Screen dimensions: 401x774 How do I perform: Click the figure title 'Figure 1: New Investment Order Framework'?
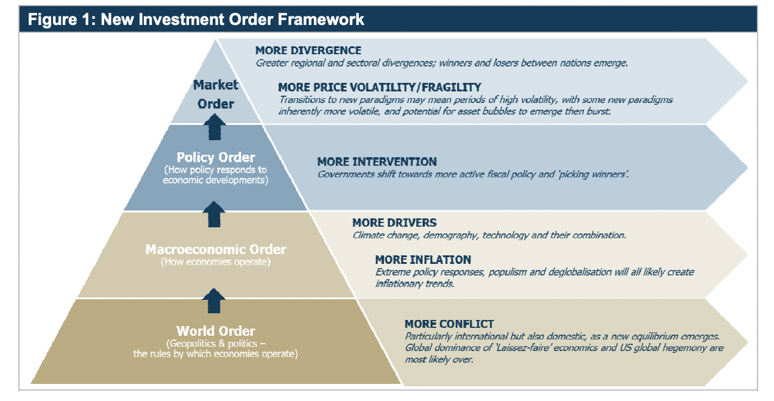click(x=196, y=20)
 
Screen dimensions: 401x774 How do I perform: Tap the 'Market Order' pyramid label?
click(x=215, y=94)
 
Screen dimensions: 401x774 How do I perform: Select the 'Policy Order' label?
click(x=216, y=158)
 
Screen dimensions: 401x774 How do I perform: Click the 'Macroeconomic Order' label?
click(x=216, y=249)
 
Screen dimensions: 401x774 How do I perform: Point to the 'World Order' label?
click(x=216, y=331)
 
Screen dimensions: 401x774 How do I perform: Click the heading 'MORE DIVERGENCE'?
click(x=308, y=51)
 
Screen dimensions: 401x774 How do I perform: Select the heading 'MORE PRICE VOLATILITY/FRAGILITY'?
click(x=380, y=87)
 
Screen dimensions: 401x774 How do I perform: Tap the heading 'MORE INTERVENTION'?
click(x=377, y=161)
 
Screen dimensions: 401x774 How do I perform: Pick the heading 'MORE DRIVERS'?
click(x=394, y=222)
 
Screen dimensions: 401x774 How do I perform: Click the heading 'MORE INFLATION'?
click(x=423, y=260)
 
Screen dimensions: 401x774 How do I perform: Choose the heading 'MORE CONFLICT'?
click(x=449, y=324)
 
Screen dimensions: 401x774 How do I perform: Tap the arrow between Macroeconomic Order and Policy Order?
click(x=215, y=215)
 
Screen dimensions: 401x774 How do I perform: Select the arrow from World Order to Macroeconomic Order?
click(x=215, y=301)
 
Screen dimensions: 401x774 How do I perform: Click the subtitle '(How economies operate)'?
click(x=216, y=262)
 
